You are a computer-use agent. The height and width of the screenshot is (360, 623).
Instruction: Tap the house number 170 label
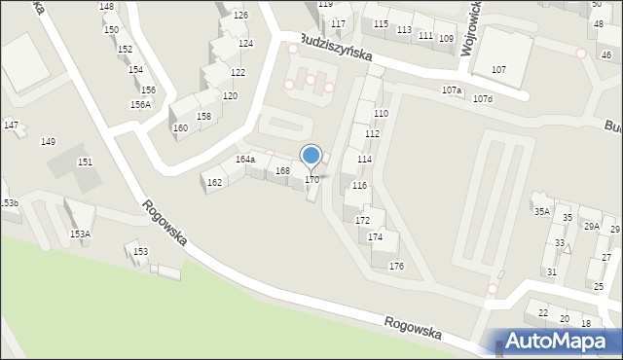tap(311, 180)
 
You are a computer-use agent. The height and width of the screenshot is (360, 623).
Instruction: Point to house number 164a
tap(245, 159)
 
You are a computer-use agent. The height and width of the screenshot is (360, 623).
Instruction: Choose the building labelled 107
tap(498, 70)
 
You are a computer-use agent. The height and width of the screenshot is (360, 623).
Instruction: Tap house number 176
tap(396, 266)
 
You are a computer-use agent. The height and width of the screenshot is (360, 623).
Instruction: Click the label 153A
tap(80, 234)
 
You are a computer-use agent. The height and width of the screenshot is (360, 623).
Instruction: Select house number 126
tap(240, 16)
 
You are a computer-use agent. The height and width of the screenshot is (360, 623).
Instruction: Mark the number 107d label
tap(482, 99)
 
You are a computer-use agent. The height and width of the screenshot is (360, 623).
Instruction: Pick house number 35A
tap(540, 211)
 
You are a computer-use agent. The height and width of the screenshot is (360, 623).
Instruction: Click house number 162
tap(214, 183)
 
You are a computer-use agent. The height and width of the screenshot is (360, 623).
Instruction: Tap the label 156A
tap(140, 104)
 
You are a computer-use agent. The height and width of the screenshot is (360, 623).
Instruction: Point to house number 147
tap(11, 125)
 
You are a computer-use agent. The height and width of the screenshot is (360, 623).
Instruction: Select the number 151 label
tap(85, 162)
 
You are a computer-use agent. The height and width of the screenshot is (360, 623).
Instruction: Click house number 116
tap(359, 185)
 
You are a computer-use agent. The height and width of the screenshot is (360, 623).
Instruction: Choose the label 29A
tap(591, 226)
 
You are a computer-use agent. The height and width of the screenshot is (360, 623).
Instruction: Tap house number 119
tap(325, 5)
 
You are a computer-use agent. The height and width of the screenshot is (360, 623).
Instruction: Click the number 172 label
tap(362, 221)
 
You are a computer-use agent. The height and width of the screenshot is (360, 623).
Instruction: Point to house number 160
tap(180, 127)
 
